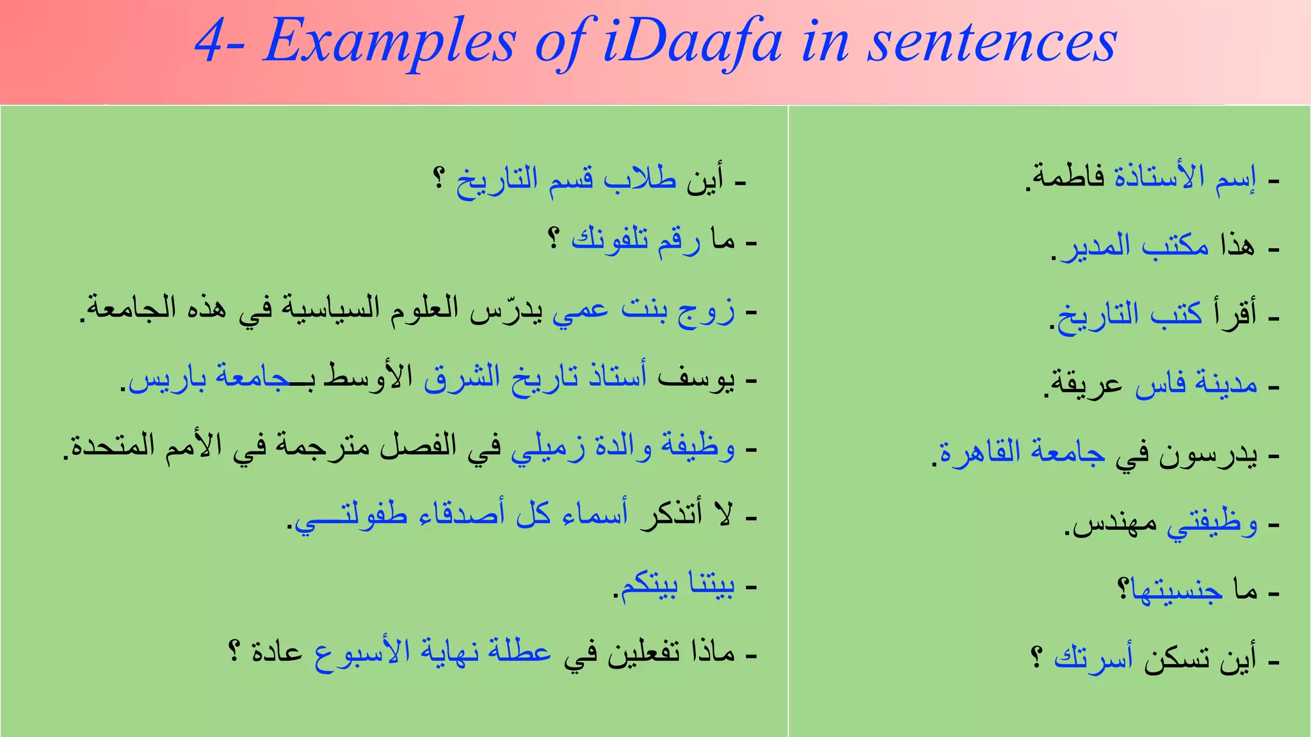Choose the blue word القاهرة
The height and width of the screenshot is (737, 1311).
(979, 452)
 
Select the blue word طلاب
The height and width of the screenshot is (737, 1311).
(640, 178)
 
